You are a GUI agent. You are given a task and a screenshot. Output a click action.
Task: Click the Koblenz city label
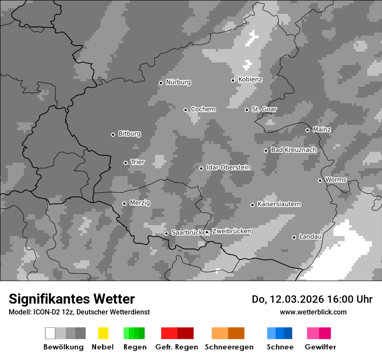coord(250,79)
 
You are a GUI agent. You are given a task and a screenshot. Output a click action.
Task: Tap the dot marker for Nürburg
coord(161,83)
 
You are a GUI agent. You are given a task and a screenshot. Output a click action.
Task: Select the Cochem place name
coord(203,109)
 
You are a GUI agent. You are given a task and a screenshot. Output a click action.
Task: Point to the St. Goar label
coord(264,109)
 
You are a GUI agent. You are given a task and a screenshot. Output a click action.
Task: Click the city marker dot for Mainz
coord(307,130)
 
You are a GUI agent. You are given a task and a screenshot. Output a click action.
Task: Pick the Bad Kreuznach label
coord(293,150)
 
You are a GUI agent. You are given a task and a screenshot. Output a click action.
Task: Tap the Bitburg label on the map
coord(129,134)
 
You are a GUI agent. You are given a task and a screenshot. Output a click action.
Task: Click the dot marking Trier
coord(126,163)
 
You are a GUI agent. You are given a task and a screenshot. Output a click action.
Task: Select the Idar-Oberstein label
coord(228,168)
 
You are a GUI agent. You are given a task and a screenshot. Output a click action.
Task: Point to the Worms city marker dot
coord(320,180)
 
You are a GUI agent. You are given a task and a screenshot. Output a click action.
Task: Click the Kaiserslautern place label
coord(279,204)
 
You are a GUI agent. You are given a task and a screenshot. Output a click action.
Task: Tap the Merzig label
coord(140,203)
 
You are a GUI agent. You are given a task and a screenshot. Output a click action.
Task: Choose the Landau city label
coord(310,237)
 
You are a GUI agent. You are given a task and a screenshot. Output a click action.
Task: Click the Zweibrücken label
coord(231,232)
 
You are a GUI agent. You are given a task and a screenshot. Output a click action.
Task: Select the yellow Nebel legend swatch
coord(103,333)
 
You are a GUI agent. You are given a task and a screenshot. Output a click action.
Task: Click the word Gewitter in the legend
coord(320,347)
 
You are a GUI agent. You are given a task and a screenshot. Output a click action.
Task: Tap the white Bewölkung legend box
coord(50,333)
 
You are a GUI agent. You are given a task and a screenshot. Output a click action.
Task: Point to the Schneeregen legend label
coord(228,347)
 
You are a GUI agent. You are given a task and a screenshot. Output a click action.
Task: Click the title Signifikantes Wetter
coord(72,299)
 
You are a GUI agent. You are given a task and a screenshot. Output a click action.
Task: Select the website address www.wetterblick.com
coord(313,312)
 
